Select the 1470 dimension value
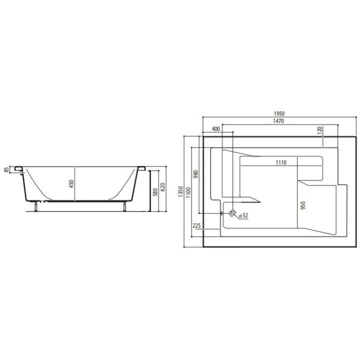pyautogui.click(x=272, y=120)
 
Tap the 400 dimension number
pyautogui.click(x=216, y=129)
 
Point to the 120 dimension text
pyautogui.click(x=319, y=131)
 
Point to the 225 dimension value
pyautogui.click(x=196, y=226)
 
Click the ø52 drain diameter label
pyautogui.click(x=243, y=215)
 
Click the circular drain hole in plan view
pyautogui.click(x=232, y=214)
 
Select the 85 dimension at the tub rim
pyautogui.click(x=6, y=170)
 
